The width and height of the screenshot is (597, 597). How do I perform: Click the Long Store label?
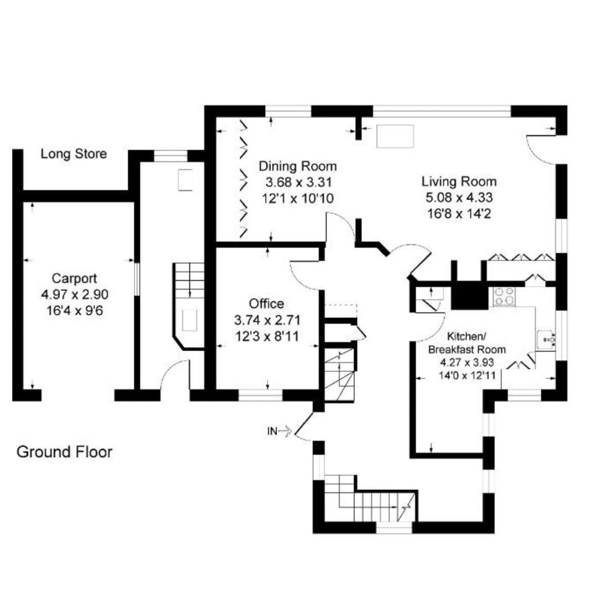tap(74, 154)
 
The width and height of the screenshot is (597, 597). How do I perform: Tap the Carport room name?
tap(75, 278)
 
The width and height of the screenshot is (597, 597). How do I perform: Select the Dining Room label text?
tap(298, 166)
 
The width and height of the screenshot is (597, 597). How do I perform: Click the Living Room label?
tap(459, 181)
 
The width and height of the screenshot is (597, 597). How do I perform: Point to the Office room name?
tap(266, 303)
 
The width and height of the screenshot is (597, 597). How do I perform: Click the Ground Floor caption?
tap(65, 452)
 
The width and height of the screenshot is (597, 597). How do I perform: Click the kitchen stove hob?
tap(504, 296)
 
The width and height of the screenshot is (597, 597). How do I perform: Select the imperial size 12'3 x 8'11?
tap(267, 336)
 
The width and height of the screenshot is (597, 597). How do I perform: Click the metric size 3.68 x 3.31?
tap(298, 181)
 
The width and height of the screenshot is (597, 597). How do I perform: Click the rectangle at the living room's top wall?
tap(395, 136)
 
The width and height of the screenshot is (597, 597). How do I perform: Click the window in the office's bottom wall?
tap(261, 395)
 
